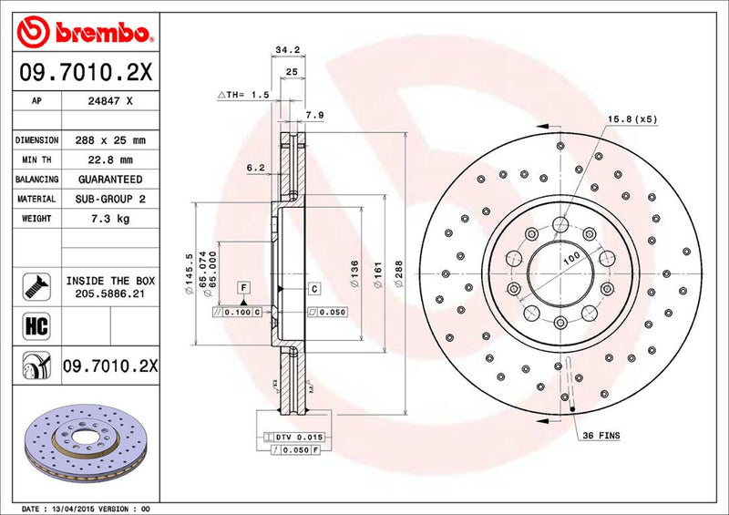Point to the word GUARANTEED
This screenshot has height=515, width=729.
click(108, 180)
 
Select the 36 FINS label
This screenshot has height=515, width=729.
click(601, 437)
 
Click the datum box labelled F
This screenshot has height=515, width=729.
click(244, 289)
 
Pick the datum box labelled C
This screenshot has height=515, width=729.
click(313, 289)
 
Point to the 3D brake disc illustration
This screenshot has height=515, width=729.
click(82, 439)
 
